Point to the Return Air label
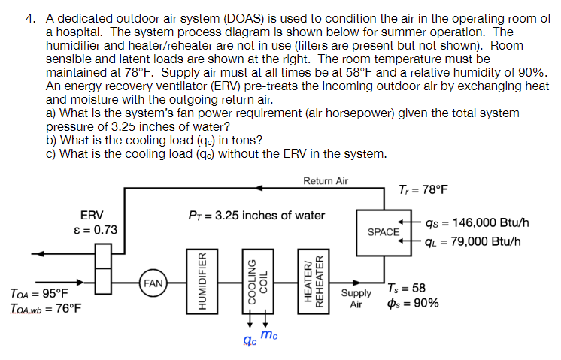326,181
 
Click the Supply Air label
356,298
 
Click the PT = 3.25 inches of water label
256,216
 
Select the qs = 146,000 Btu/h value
477,222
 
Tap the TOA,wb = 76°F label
46,308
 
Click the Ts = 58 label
408,288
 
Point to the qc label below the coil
247,340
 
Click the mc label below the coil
269,334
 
